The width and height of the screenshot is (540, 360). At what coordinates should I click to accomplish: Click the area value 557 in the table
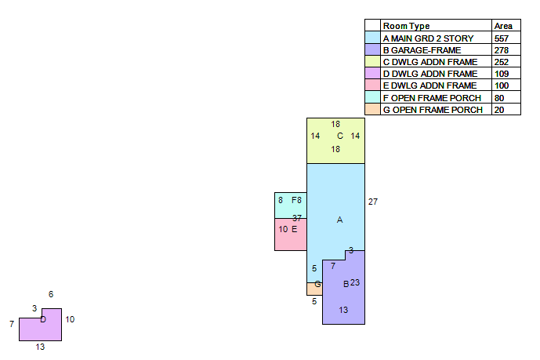click(x=501, y=38)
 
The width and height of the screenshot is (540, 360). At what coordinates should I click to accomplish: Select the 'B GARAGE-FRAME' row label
click(x=422, y=50)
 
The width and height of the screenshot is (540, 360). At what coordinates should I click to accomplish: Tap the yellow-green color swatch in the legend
click(x=372, y=61)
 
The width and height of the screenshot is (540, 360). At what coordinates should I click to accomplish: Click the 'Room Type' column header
click(x=407, y=26)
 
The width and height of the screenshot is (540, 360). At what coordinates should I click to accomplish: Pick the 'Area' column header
click(x=503, y=26)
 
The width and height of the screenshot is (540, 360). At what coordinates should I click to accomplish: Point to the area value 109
click(x=502, y=74)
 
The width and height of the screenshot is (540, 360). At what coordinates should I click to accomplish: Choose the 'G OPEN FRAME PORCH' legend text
click(x=433, y=110)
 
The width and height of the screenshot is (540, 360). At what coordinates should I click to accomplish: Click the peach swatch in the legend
click(x=372, y=109)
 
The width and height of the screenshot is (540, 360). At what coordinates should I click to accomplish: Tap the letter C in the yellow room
click(x=340, y=136)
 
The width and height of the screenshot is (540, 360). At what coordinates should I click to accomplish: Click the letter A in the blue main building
click(x=339, y=220)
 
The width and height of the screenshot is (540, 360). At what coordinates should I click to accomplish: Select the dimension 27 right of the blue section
click(x=373, y=202)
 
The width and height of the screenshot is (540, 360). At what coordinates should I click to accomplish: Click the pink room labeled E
click(x=291, y=235)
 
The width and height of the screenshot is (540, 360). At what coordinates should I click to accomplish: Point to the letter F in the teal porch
click(x=294, y=200)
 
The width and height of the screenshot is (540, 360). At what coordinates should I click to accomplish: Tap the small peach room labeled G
click(x=314, y=289)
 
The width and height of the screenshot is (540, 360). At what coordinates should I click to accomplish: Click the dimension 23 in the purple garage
click(x=355, y=282)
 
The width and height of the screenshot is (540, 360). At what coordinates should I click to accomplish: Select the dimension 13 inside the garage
click(x=343, y=310)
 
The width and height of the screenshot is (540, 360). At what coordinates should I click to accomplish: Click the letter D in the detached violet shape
click(x=43, y=320)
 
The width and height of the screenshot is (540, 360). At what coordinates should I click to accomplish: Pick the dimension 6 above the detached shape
click(x=51, y=294)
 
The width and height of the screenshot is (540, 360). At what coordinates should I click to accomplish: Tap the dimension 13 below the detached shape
click(x=40, y=347)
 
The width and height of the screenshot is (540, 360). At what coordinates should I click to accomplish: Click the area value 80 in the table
click(x=499, y=98)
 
